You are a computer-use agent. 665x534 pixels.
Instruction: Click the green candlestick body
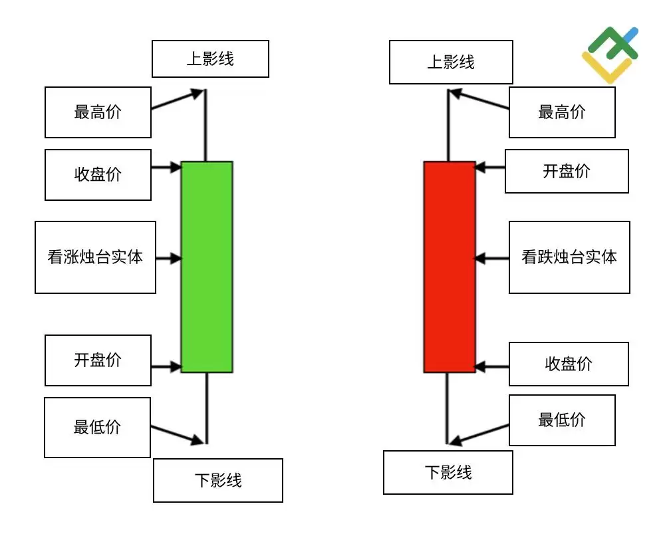click(x=207, y=267)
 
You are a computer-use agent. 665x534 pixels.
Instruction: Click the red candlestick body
click(x=450, y=267)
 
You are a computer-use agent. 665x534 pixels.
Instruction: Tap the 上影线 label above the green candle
click(x=210, y=59)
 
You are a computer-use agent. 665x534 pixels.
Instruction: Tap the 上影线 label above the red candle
click(x=451, y=63)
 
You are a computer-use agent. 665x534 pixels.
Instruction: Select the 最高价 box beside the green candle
click(x=98, y=112)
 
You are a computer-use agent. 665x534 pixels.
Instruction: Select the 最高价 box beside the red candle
click(x=562, y=112)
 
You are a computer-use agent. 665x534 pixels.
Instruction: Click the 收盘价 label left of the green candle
click(x=98, y=174)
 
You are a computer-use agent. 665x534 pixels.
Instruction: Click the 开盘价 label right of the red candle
click(x=567, y=171)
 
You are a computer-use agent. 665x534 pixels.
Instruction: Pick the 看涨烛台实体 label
click(x=95, y=257)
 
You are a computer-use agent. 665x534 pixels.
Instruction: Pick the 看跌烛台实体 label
click(x=569, y=257)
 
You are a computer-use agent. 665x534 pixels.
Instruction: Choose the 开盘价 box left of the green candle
click(x=98, y=360)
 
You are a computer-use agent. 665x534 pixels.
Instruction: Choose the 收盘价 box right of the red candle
click(x=569, y=364)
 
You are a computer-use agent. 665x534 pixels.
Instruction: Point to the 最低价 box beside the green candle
click(x=97, y=427)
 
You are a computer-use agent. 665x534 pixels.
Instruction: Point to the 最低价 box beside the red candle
click(x=562, y=420)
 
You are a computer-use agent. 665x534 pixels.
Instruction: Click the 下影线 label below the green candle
click(x=218, y=480)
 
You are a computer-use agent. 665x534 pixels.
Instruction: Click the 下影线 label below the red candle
click(x=448, y=472)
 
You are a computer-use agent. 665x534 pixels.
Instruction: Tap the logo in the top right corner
click(x=610, y=54)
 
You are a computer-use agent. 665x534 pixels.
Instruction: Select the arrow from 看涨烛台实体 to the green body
click(x=168, y=258)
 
